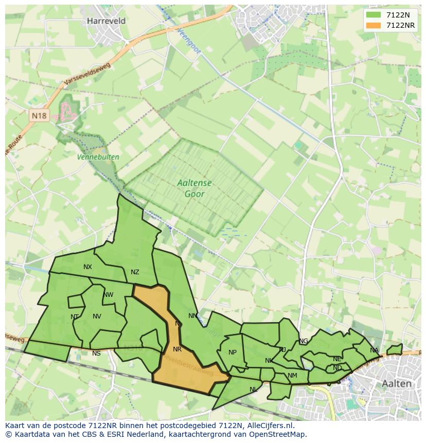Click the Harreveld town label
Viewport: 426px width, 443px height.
pos(106,21)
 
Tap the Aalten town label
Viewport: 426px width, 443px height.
pos(397,384)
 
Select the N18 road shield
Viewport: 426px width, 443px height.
pos(39,116)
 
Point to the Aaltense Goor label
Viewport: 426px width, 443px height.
pos(194,188)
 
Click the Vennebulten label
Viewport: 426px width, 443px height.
pos(98,157)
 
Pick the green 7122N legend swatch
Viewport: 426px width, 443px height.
pos(374,15)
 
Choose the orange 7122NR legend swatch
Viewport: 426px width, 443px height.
pos(374,25)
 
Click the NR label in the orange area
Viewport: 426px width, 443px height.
pos(177,349)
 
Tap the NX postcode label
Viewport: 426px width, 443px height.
pos(87,267)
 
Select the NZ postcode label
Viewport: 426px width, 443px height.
pos(135,272)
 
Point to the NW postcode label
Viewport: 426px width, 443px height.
pos(108,295)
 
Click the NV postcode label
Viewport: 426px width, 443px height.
pos(97,316)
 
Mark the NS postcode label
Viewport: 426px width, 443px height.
pos(96,353)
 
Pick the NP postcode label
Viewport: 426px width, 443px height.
pos(233,352)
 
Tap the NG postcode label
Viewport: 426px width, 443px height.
pos(304,341)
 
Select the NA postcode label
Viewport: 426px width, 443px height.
pos(374,350)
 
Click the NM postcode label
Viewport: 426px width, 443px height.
pos(292,376)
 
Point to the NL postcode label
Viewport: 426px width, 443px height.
pos(253,389)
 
